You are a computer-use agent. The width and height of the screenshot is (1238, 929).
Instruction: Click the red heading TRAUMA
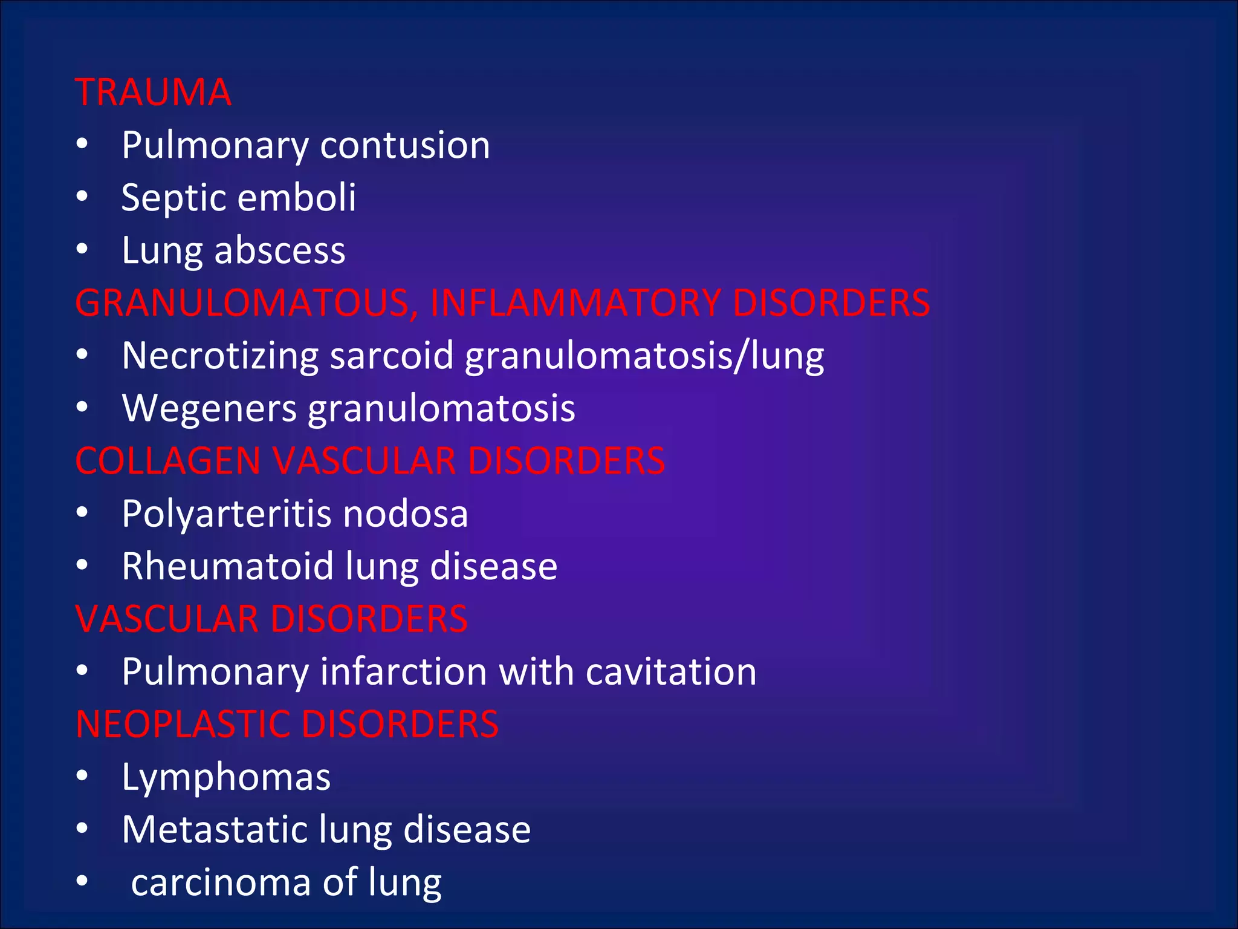(x=153, y=93)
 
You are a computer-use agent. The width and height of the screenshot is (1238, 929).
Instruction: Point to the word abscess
(x=280, y=250)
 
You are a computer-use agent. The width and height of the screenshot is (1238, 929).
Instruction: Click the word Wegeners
(x=209, y=408)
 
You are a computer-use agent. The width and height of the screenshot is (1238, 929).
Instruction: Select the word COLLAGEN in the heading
(x=168, y=461)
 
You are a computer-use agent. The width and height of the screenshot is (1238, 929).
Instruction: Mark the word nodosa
(x=405, y=514)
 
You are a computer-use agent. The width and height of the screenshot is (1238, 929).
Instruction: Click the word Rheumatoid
(x=227, y=567)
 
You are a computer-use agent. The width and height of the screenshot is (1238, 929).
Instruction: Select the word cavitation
(x=671, y=672)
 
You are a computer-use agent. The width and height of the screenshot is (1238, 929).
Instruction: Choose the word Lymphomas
(x=226, y=777)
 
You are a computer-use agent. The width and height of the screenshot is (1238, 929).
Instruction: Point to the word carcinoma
(x=221, y=882)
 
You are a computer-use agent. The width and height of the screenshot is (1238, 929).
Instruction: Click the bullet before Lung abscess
(x=83, y=249)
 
